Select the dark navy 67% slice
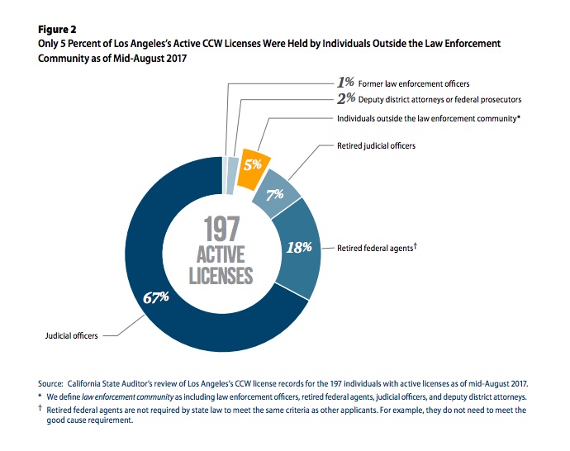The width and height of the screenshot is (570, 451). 165,330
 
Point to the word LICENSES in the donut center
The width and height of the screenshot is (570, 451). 220,275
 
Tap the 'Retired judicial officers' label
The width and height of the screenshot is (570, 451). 377,146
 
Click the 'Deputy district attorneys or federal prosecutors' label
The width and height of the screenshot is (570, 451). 429,100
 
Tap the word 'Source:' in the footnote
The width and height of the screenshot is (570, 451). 50,384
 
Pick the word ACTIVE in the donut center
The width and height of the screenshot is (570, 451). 220,253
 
